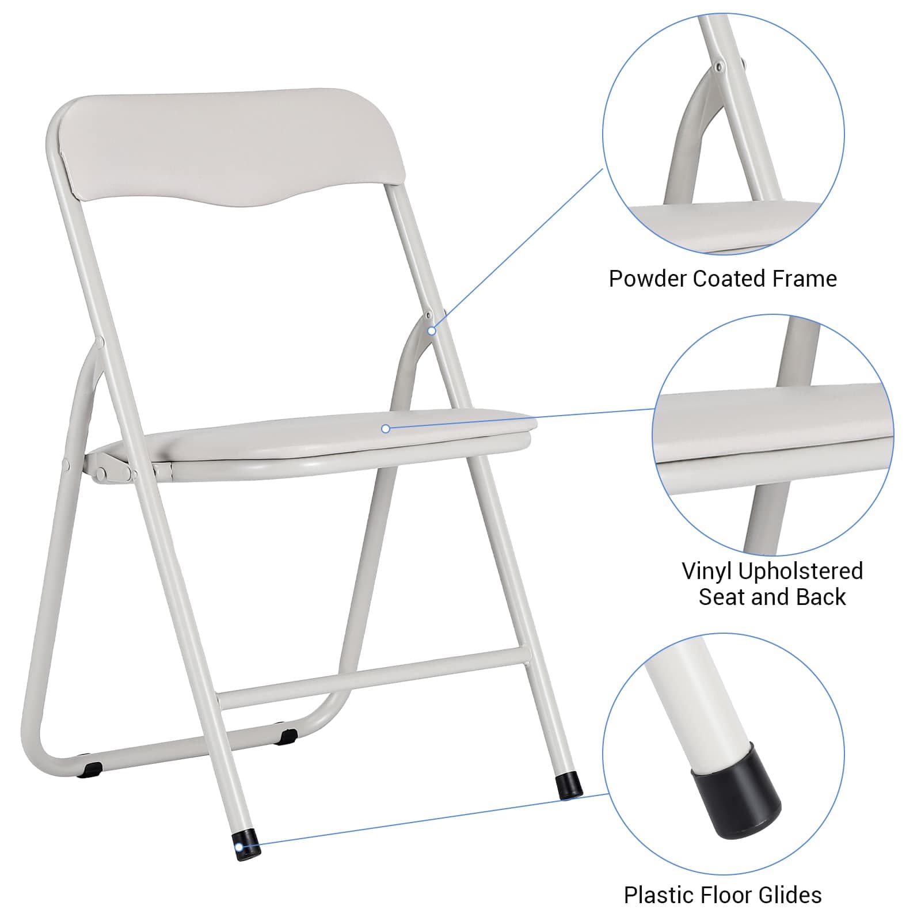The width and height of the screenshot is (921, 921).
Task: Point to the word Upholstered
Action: point(801,571)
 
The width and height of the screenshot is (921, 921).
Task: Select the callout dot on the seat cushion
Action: point(386,428)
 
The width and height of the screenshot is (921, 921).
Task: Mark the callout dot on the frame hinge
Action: point(432,331)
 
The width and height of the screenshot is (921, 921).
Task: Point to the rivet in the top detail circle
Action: point(718,67)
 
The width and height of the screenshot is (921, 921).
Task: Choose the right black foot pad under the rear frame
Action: point(286,735)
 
